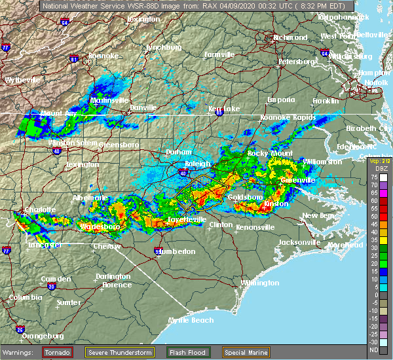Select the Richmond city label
pos(288,37)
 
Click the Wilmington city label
pos(259,283)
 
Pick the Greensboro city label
pos(119,143)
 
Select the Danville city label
pos(143,107)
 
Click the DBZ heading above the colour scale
pos(373,169)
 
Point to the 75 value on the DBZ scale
pos(373,177)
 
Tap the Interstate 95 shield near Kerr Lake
pos(219,113)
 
